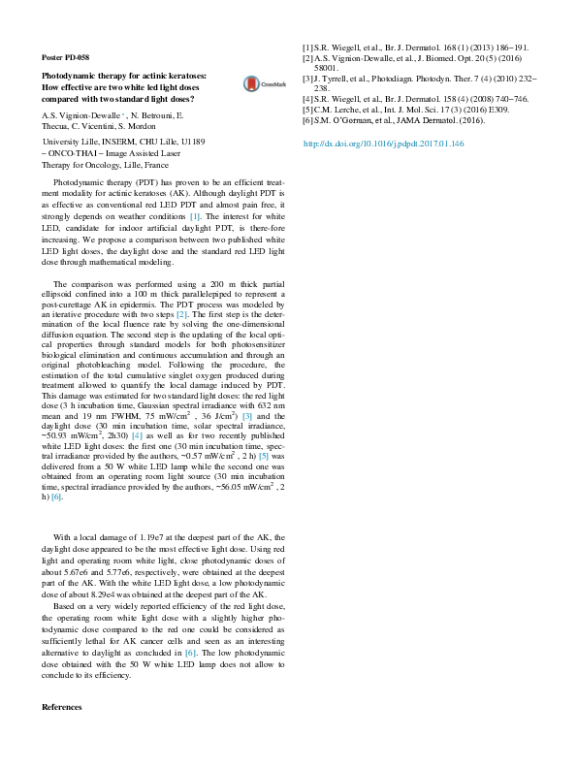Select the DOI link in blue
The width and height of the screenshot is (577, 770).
point(383,144)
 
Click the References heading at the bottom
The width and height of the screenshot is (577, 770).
point(62,707)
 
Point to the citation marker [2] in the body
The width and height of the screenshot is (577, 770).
point(180,316)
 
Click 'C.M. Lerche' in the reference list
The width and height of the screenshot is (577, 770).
point(339,111)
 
